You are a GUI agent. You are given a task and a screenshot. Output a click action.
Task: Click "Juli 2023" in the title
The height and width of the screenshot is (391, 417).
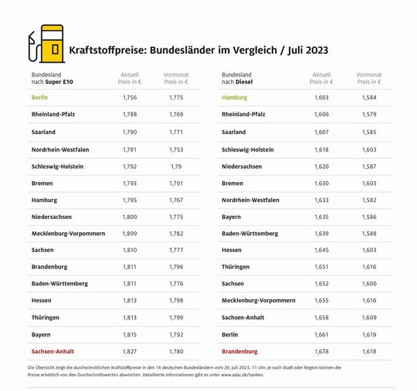[x=303, y=50]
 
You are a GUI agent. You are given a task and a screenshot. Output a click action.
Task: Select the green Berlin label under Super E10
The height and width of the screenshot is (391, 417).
[x=39, y=97]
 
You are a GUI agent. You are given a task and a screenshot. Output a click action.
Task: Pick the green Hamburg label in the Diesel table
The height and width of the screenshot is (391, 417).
[x=234, y=97]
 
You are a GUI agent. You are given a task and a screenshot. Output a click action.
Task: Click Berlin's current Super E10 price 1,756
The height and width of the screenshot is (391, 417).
[x=130, y=97]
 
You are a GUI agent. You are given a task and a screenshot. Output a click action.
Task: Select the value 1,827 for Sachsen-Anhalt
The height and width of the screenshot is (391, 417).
[x=130, y=351]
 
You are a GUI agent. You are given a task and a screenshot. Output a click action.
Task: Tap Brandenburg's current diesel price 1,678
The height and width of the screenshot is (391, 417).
[x=321, y=351]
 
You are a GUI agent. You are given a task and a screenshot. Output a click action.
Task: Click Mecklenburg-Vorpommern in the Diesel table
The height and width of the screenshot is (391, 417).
[x=258, y=300]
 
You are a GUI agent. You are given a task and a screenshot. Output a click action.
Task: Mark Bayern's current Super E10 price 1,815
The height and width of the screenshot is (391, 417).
[x=130, y=334]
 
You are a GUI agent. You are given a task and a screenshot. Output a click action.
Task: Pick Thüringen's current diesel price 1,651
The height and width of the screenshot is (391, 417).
[x=321, y=266]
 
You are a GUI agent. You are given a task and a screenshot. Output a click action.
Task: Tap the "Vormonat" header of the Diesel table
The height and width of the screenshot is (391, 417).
[x=368, y=75]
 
